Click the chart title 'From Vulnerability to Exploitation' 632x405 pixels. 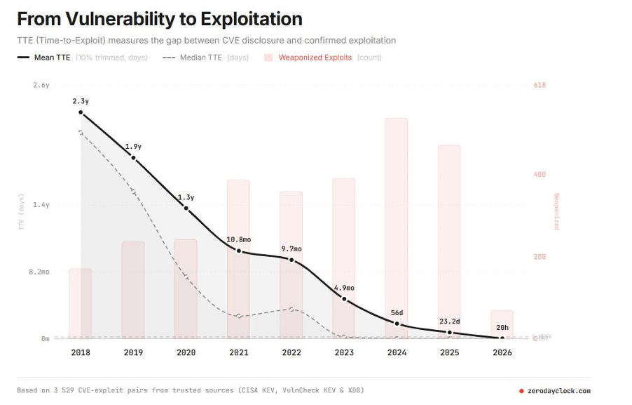pyautogui.click(x=160, y=19)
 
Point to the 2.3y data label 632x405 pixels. pyautogui.click(x=81, y=101)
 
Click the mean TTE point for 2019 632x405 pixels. pyautogui.click(x=133, y=158)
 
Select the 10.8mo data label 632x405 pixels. pyautogui.click(x=238, y=240)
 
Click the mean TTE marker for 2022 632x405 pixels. pyautogui.click(x=291, y=260)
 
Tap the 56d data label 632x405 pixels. pyautogui.click(x=397, y=313)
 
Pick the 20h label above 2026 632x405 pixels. pyautogui.click(x=502, y=328)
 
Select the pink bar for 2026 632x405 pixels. pyautogui.click(x=502, y=324)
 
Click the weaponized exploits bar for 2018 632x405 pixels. pyautogui.click(x=81, y=303)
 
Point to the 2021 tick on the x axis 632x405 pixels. pyautogui.click(x=238, y=352)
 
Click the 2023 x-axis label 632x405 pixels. pyautogui.click(x=344, y=352)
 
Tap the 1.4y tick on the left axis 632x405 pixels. pyautogui.click(x=41, y=205)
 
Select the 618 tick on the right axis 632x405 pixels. pyautogui.click(x=540, y=85)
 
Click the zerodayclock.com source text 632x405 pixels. pyautogui.click(x=559, y=391)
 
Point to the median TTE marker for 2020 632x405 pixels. pyautogui.click(x=186, y=277)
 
